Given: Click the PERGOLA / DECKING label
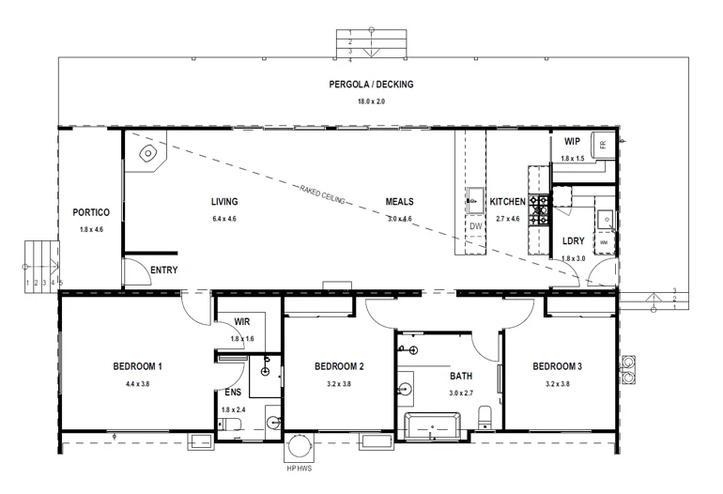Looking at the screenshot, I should [x=371, y=85].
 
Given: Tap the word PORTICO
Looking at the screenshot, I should [x=91, y=212].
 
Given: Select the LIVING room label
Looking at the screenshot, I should [x=223, y=201].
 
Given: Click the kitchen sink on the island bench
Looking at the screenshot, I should [x=475, y=199].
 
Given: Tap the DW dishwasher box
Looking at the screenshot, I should [x=475, y=226].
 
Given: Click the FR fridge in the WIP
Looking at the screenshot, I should [x=603, y=144].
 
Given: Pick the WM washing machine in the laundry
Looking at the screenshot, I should [x=605, y=242].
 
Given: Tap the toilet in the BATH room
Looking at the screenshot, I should [x=485, y=417].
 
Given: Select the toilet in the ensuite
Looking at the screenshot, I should [x=232, y=426].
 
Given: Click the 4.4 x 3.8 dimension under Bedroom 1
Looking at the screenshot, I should [x=138, y=384].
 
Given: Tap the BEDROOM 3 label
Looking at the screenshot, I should [x=559, y=366].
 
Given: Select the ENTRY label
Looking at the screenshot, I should [x=163, y=270].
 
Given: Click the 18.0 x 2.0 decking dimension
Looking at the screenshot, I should [x=371, y=100].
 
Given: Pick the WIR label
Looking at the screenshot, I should [x=241, y=322].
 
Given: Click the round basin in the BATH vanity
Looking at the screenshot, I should [x=407, y=387].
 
